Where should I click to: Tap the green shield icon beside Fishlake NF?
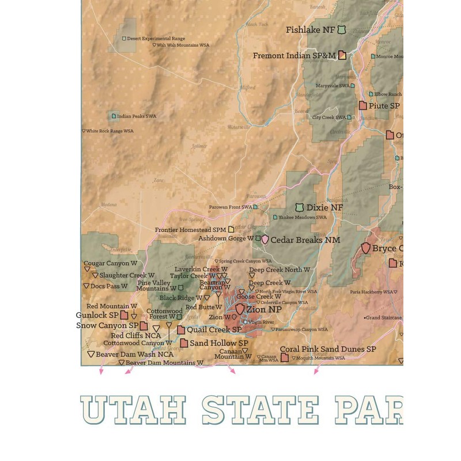click(342, 29)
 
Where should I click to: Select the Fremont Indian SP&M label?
click(294, 56)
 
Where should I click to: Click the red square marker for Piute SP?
click(363, 105)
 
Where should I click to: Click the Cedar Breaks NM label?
click(305, 240)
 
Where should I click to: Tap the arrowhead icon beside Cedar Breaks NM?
click(265, 240)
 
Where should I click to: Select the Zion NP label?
click(264, 309)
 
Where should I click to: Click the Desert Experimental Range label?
click(148, 39)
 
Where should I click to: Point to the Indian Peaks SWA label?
click(136, 116)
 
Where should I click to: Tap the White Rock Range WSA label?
click(110, 131)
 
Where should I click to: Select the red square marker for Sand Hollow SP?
click(184, 343)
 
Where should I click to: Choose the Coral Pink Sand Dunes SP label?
click(328, 349)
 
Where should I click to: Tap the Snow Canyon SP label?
click(107, 326)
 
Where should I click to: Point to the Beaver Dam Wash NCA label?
click(129, 354)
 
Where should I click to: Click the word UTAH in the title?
click(133, 410)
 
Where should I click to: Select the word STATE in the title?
click(260, 410)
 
